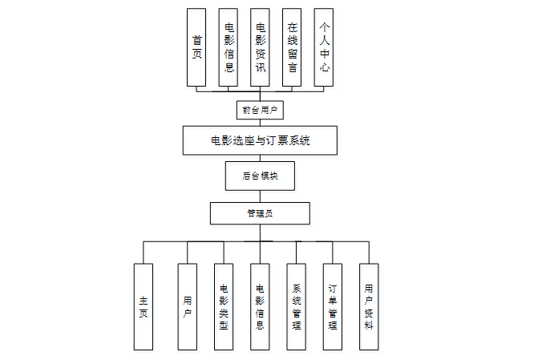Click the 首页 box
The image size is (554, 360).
coord(196,47)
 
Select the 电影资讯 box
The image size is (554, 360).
coord(259,47)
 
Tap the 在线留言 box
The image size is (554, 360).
coord(291,47)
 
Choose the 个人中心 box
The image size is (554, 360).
coord(323,47)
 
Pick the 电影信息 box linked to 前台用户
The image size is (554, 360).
coord(228,47)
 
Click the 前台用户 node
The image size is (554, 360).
coord(260,107)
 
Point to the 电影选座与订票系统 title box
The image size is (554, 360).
coord(260,140)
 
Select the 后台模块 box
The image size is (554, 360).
coord(260,176)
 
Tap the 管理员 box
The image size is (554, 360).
coord(260,213)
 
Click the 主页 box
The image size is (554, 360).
coord(143,306)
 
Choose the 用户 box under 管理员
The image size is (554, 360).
coord(187,306)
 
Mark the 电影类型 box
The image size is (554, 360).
coord(224,306)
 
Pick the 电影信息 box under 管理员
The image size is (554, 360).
coord(260,306)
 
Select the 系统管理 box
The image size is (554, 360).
coord(296,306)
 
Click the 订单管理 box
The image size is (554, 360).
coord(333,306)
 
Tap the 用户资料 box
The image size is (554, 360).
coord(369,306)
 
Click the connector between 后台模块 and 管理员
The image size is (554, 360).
coord(260,196)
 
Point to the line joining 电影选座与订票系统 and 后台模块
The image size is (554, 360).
coord(260,159)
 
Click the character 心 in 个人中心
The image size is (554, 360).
coord(323,68)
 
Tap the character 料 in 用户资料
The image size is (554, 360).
coord(369,326)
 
